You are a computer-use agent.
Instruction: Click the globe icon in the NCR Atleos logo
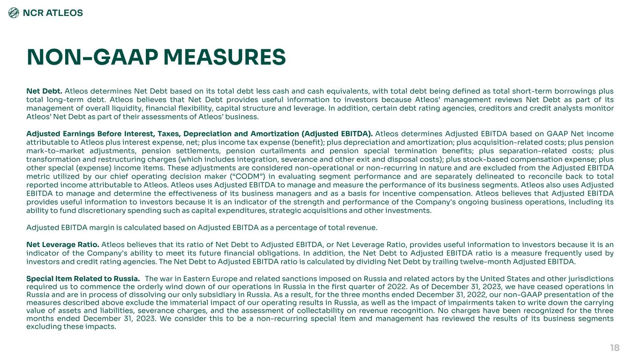[14, 13]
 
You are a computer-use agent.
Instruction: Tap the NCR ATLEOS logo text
[53, 13]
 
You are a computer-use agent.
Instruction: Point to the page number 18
[615, 347]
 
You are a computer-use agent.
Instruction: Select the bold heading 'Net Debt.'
[44, 90]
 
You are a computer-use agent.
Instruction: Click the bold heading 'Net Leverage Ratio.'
[63, 244]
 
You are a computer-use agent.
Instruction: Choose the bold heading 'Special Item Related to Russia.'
[83, 279]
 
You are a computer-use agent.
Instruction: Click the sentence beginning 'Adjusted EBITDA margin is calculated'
[202, 228]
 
